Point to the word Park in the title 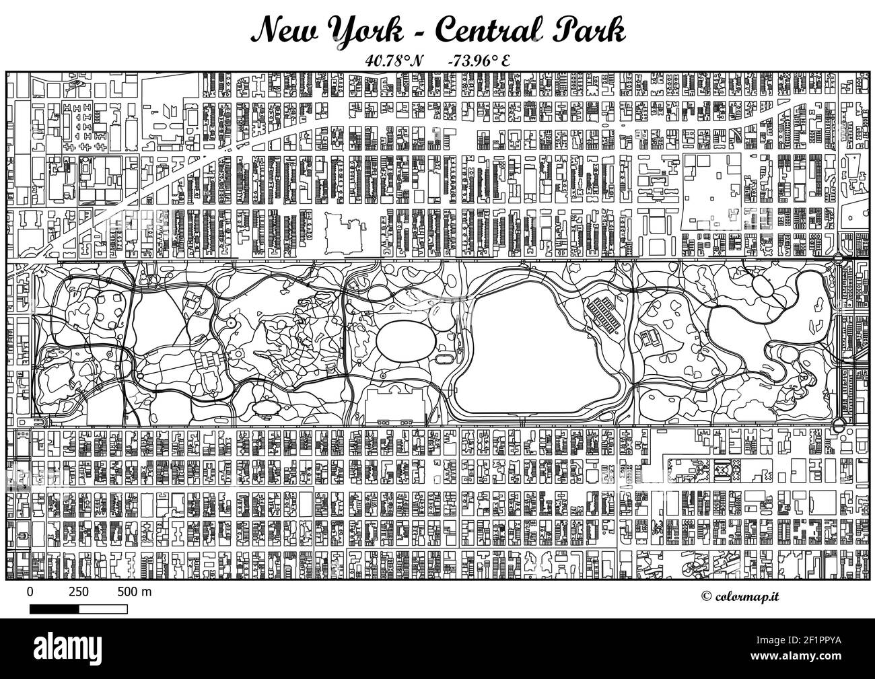point(592,30)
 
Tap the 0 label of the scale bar point(30,592)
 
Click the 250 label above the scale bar point(79,592)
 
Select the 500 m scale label point(135,592)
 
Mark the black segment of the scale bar point(55,609)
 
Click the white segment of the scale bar point(103,609)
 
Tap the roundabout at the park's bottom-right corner point(839,424)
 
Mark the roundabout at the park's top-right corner point(838,259)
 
